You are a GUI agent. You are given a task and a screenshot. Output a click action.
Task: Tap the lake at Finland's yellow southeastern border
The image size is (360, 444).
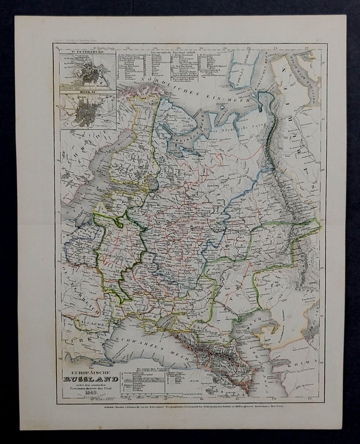[152, 183]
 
